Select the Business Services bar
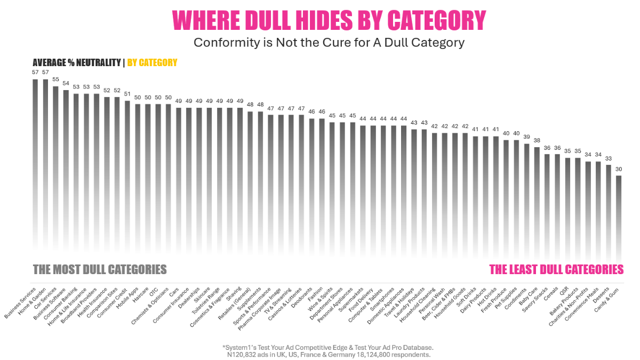click(35, 160)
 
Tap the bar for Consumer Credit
click(127, 171)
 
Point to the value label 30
click(619, 169)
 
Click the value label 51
click(127, 94)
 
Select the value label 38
click(537, 140)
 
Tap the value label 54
click(66, 83)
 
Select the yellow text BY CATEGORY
click(152, 63)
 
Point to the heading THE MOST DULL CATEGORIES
click(100, 269)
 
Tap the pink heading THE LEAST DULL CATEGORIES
click(556, 269)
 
